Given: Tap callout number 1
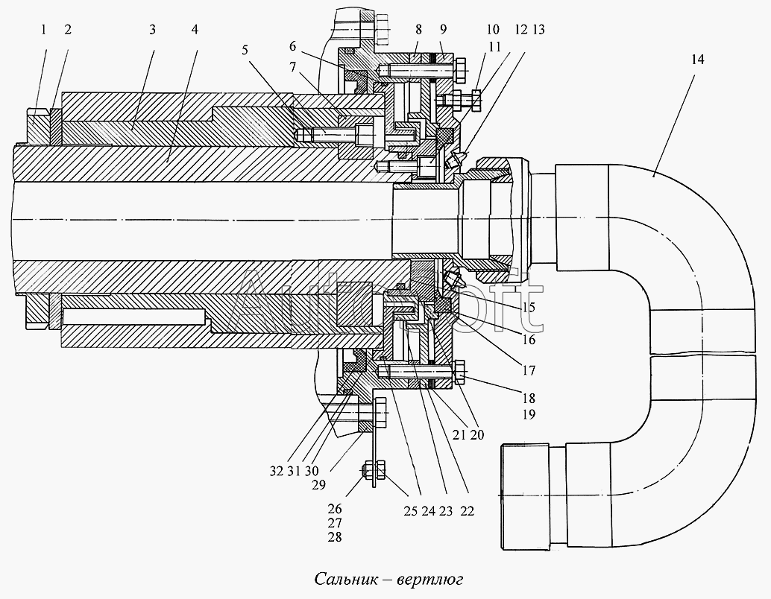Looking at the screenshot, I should coord(44,30).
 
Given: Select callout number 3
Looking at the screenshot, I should coord(152,30).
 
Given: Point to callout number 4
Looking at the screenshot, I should coord(195,30).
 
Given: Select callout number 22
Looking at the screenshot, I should coord(468,511).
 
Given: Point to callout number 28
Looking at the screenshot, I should coord(335,537).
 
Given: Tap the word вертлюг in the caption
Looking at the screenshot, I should coord(432,579).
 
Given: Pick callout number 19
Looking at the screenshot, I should coord(529,415).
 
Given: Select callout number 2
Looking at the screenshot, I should coord(68,30).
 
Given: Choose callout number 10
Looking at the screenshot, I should coord(493,30).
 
